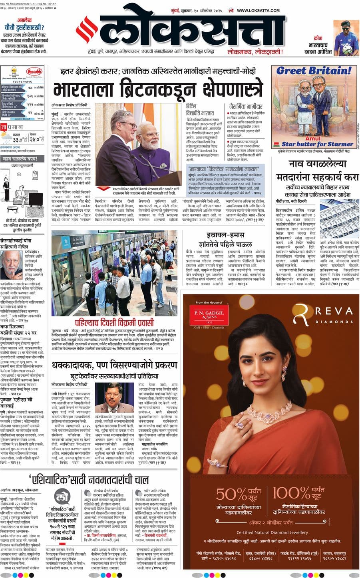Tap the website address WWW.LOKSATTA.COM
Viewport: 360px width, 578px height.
(x=258, y=10)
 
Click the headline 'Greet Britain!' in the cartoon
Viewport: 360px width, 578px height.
(x=314, y=71)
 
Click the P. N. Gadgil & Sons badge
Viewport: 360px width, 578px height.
(x=209, y=316)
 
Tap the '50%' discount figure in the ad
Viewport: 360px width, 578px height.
(x=231, y=494)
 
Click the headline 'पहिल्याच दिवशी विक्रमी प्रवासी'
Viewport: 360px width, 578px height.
(x=114, y=323)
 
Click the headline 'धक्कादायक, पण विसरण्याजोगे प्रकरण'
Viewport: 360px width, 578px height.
(x=114, y=365)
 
